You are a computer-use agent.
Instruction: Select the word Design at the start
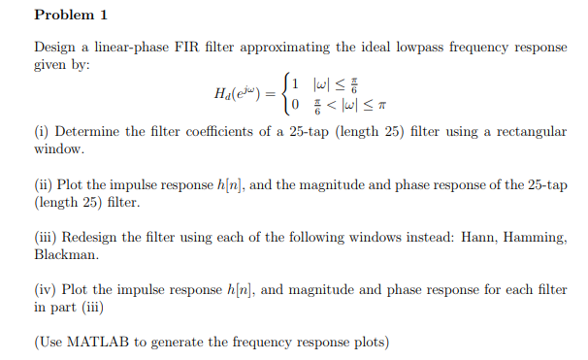tap(56, 47)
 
